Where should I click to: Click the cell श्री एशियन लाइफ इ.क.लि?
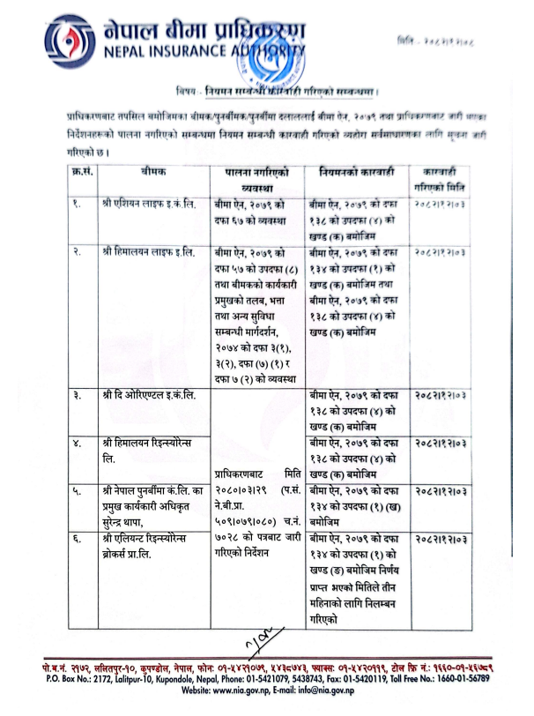coord(147,205)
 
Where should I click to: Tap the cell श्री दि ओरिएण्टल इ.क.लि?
coord(149,396)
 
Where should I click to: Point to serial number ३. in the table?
coord(78,396)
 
